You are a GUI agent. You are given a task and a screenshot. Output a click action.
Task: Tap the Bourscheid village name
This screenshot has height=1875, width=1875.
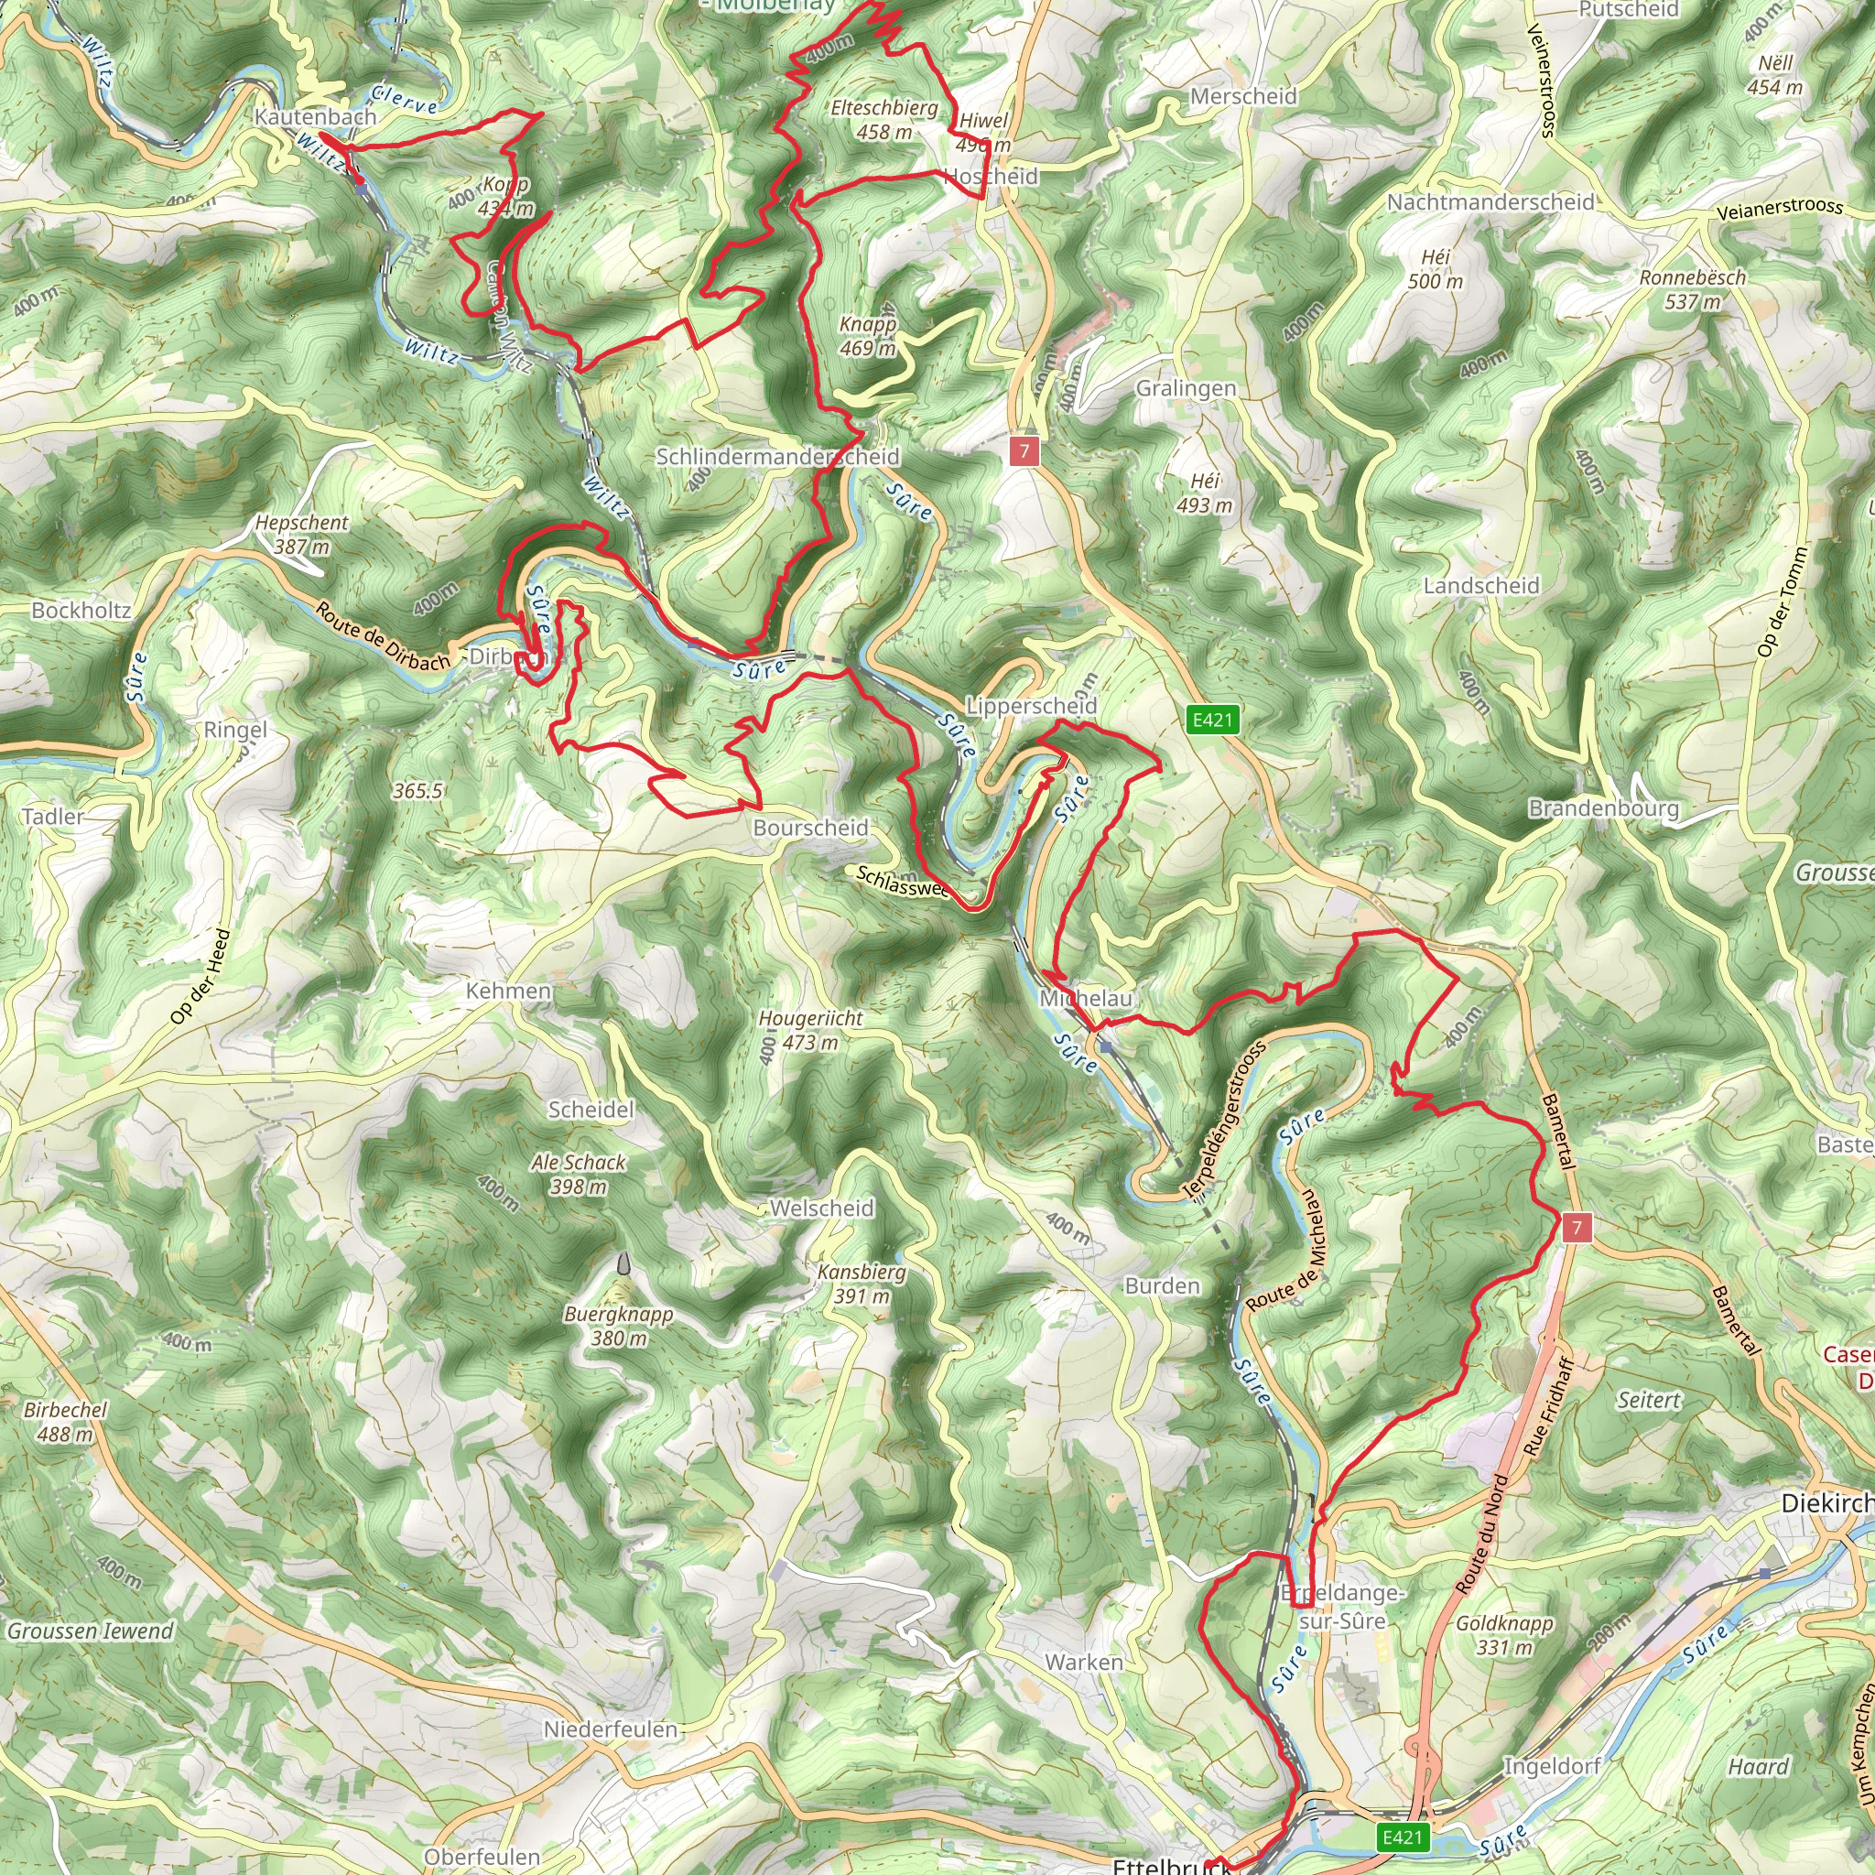[810, 828]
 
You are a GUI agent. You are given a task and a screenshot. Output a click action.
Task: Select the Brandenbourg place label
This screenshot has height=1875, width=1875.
[1603, 808]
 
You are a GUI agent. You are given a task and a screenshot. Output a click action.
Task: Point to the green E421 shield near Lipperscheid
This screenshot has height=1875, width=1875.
[1212, 719]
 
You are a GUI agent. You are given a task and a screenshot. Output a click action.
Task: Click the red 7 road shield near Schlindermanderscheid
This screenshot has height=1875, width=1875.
[1024, 450]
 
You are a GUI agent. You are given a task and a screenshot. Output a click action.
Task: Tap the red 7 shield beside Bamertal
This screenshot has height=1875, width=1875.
[1577, 1228]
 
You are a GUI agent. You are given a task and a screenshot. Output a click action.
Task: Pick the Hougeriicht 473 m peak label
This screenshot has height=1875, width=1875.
[810, 1031]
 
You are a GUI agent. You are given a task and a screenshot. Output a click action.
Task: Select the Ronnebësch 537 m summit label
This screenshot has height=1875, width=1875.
[1693, 289]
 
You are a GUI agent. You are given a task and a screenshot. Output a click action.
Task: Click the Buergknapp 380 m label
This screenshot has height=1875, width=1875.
[618, 1326]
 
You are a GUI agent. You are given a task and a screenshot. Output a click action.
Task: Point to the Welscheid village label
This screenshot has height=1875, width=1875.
[822, 1208]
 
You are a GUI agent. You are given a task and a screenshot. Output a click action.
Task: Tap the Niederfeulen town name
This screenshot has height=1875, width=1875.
[611, 1729]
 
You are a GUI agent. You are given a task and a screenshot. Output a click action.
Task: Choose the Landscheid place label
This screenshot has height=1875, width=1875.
[1481, 585]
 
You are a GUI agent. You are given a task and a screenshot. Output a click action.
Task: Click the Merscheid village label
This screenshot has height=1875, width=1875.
[1243, 96]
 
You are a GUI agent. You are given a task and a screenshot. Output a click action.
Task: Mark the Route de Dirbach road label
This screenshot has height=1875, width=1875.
[383, 636]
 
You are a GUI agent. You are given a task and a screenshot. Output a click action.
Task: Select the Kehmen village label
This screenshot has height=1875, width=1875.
[508, 991]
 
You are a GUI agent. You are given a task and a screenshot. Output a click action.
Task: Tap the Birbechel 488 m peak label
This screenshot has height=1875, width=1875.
[65, 1421]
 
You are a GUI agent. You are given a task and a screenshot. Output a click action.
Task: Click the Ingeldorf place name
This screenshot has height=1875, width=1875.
[1552, 1739]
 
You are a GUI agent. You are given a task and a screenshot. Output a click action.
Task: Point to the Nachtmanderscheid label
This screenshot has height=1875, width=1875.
[1490, 201]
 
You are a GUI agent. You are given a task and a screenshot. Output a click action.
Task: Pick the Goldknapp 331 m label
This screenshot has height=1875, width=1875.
[1504, 1635]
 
